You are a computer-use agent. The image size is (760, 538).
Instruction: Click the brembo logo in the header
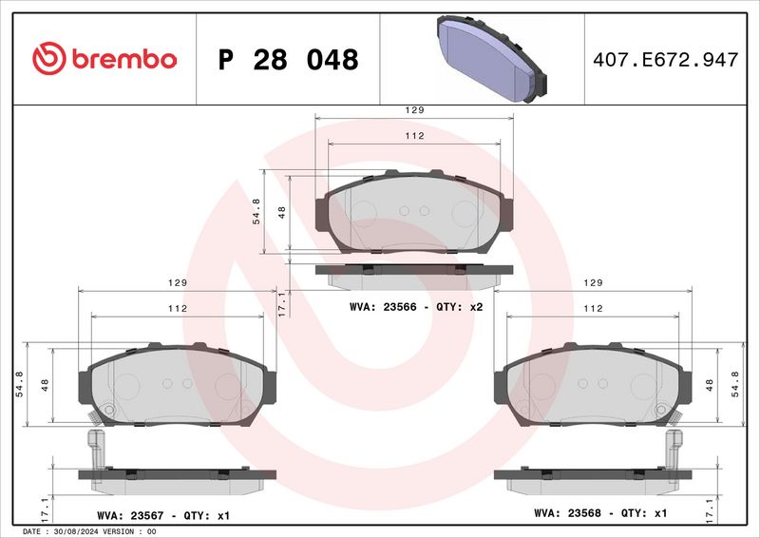point(104,59)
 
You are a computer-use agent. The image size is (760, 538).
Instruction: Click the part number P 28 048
point(289,60)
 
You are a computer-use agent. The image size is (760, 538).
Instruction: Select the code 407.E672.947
point(666,60)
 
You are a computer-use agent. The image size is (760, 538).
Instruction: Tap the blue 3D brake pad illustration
point(491,58)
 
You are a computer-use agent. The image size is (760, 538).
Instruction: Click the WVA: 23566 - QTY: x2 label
point(416,307)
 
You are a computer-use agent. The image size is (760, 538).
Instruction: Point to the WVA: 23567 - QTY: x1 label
point(163,516)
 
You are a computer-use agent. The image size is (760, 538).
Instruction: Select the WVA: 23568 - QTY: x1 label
point(600,512)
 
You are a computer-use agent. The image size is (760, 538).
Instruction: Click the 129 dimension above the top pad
point(414,110)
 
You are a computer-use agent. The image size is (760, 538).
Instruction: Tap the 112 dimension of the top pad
point(414,136)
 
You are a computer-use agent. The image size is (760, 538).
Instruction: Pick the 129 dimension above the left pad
point(178,283)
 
